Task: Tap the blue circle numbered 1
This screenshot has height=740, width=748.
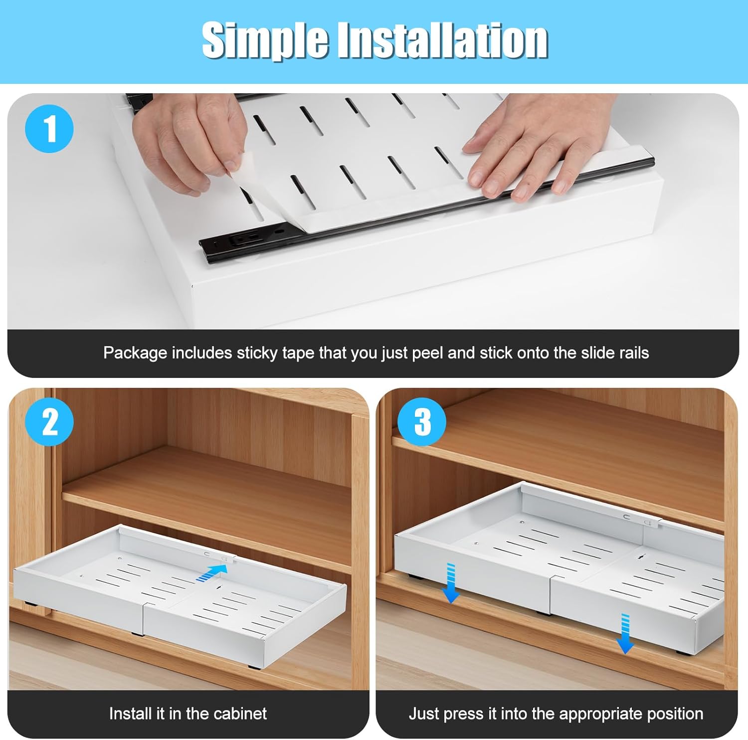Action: click(49, 129)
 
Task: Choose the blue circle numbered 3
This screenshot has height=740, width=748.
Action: click(422, 421)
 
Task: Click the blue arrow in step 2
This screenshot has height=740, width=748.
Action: click(209, 572)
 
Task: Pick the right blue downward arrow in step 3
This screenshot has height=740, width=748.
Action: click(624, 633)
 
